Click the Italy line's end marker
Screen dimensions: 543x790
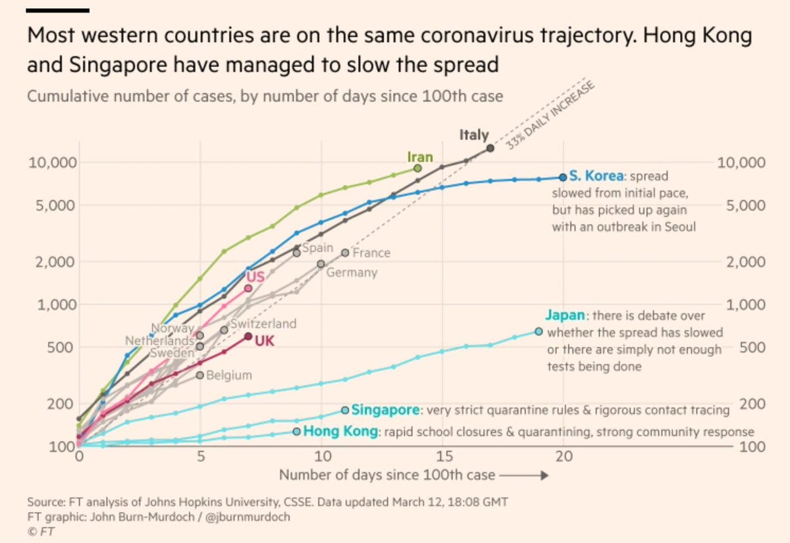pos(490,148)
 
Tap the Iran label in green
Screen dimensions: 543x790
pos(420,157)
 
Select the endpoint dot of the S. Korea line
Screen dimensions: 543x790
pos(563,177)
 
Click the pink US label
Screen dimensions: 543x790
pos(255,276)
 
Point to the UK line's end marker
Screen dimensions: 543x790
pos(248,336)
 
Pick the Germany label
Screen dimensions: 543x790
pos(352,272)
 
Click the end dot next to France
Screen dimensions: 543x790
pos(346,253)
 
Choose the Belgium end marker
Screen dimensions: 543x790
pos(200,375)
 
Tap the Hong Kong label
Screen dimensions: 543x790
pos(341,432)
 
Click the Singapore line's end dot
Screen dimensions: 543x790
pos(346,410)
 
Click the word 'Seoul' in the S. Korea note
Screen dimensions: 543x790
pos(679,226)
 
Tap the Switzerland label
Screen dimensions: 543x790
pos(263,324)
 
